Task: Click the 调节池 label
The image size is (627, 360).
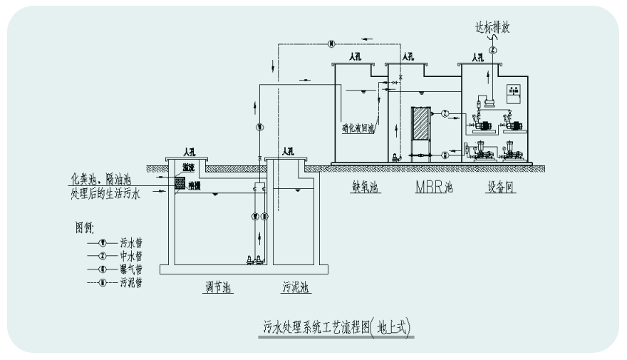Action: (216, 289)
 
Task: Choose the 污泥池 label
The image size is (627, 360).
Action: (294, 289)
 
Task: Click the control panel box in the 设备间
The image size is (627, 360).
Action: (514, 93)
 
